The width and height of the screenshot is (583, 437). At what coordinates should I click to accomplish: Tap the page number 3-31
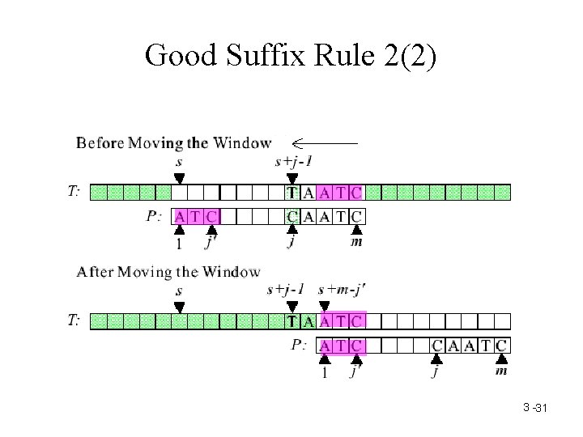(535, 408)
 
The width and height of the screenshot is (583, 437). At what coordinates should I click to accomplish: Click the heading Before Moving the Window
(173, 143)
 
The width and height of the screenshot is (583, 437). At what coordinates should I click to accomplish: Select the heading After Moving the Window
(168, 272)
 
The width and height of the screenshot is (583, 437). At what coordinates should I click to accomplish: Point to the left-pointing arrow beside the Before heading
(324, 143)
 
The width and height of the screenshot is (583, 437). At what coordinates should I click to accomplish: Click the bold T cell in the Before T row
(292, 193)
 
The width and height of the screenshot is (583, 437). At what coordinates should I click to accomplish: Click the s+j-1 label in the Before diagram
(294, 161)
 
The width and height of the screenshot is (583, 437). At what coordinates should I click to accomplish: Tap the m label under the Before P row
(356, 242)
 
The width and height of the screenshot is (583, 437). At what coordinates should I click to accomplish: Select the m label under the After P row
(502, 371)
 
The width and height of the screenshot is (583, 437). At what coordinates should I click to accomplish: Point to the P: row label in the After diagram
(299, 345)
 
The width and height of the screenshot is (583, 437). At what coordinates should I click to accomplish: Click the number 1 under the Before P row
(179, 243)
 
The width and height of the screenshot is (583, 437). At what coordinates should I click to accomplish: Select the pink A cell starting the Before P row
(179, 216)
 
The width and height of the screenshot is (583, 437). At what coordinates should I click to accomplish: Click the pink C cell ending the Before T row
(356, 193)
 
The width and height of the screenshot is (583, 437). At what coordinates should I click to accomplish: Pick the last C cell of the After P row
(502, 346)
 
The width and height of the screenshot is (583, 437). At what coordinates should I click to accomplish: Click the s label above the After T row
(179, 291)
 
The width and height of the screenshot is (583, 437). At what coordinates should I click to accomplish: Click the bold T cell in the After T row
(292, 321)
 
